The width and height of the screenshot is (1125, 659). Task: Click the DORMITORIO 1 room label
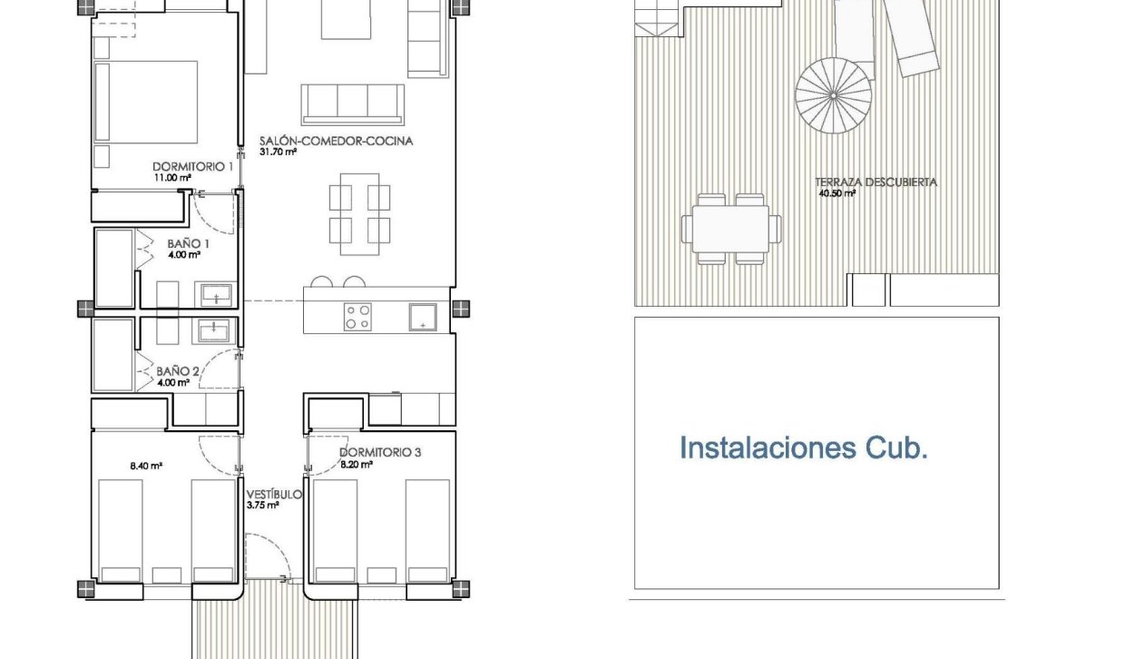192,167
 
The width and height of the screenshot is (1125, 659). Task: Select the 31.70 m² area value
278,152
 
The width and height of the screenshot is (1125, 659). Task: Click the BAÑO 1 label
189,244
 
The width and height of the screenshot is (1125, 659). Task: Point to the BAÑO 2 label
178,371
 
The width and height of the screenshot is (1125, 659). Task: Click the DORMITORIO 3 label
380,452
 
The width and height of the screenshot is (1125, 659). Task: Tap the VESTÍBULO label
275,495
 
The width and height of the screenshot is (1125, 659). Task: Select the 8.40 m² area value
146,467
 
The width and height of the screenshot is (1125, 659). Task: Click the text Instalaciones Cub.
803,448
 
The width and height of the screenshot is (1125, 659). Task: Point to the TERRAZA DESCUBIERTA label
876,182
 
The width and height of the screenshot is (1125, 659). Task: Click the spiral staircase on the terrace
834,93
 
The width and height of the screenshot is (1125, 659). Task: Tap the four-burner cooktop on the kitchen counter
357,317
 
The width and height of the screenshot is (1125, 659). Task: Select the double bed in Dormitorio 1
147,101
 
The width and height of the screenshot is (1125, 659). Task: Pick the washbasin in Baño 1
216,295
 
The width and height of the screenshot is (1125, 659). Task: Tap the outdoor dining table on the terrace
731,229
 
